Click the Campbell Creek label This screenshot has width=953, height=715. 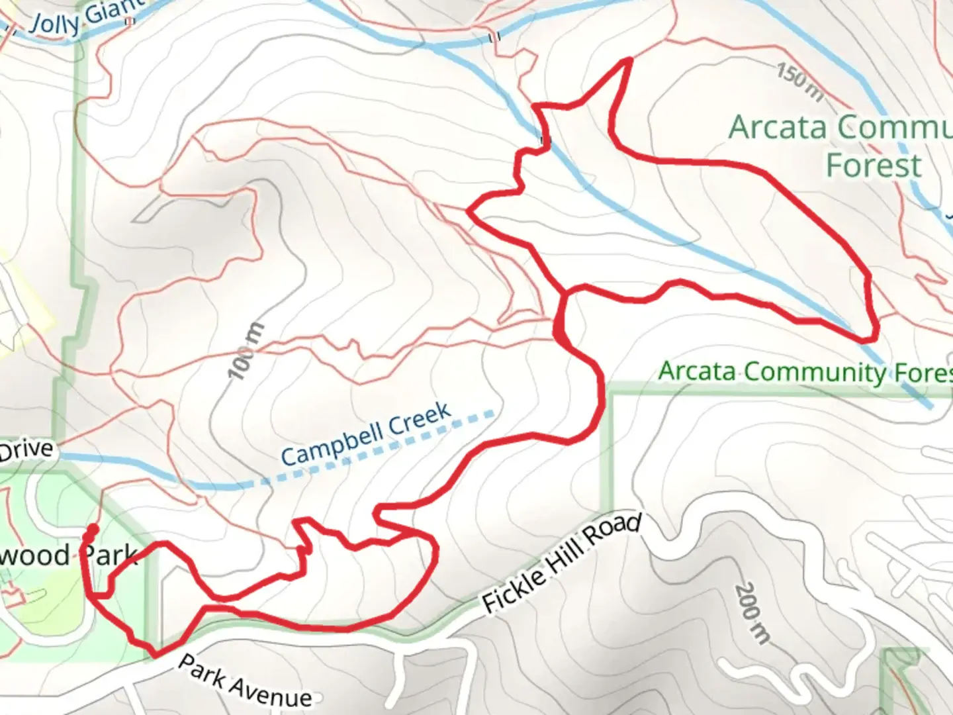(x=366, y=434)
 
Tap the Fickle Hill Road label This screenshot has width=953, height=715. (x=561, y=563)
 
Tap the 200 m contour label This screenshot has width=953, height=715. (x=752, y=614)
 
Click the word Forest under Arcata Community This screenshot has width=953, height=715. (x=874, y=165)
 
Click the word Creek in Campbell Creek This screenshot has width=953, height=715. (x=420, y=420)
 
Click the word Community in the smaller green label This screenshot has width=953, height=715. (x=813, y=373)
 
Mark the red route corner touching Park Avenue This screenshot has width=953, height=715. (x=156, y=655)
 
